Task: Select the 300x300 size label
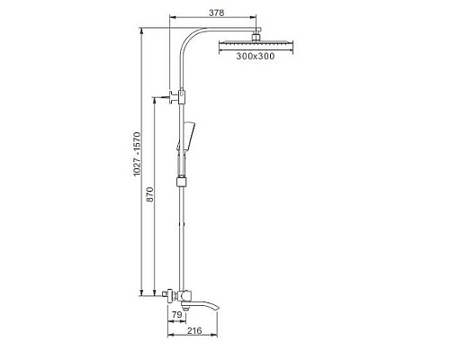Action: (256, 57)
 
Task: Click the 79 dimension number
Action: (176, 314)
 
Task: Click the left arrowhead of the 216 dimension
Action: (169, 339)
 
